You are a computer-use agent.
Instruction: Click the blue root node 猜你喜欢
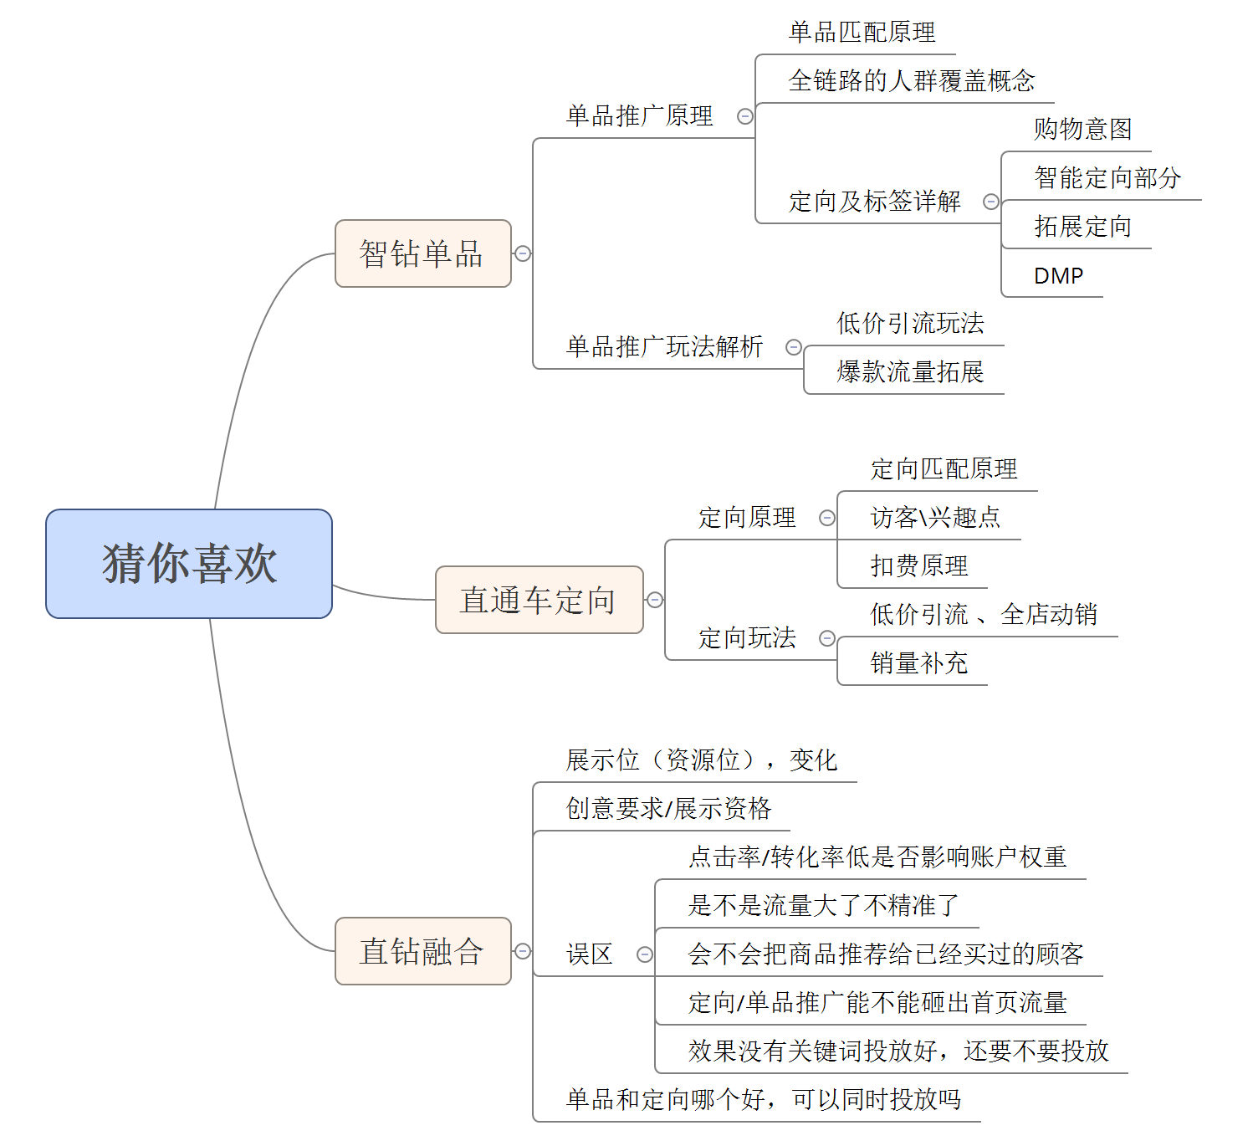click(189, 564)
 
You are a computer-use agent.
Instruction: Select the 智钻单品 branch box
click(423, 253)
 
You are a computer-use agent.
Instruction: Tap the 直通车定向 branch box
click(539, 600)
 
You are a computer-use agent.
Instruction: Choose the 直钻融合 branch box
click(423, 951)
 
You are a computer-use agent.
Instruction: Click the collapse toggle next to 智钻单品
click(523, 253)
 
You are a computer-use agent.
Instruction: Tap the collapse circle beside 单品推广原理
click(744, 116)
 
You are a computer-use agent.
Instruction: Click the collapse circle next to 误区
click(645, 954)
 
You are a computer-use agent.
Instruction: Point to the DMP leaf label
click(1058, 275)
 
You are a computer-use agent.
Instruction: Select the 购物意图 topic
click(1082, 130)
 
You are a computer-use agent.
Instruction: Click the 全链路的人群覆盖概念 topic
click(912, 80)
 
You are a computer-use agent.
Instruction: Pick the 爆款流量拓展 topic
click(910, 371)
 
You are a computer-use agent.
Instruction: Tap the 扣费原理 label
click(918, 566)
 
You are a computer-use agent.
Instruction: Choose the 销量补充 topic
click(918, 663)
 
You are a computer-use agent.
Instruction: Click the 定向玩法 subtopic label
click(747, 638)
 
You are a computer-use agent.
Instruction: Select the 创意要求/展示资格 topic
click(668, 809)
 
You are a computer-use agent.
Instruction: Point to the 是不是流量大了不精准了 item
click(823, 905)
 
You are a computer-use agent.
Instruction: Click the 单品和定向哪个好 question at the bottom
click(764, 1100)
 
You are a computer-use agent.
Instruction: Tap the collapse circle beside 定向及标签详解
click(990, 202)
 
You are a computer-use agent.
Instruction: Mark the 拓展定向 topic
click(1082, 226)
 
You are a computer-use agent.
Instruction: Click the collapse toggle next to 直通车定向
click(655, 600)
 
